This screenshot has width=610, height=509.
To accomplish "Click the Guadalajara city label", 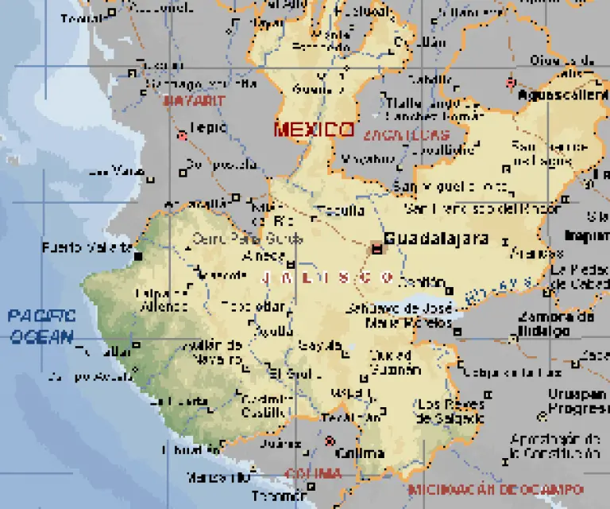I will click(x=436, y=238).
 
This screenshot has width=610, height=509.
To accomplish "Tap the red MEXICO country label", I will click(x=314, y=130).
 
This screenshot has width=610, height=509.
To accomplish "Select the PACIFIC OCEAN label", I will click(x=42, y=326).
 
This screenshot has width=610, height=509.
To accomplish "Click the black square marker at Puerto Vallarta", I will click(x=139, y=256).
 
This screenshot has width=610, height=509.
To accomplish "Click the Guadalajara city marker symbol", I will click(x=376, y=248).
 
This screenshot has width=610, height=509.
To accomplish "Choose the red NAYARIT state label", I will click(x=194, y=101).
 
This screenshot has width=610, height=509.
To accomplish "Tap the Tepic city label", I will click(x=209, y=127).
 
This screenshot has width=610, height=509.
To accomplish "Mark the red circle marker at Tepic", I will click(x=182, y=135).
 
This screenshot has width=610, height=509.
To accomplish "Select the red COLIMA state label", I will click(x=313, y=473).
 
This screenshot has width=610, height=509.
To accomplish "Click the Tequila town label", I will click(x=341, y=211).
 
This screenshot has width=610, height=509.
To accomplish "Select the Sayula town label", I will click(x=316, y=345).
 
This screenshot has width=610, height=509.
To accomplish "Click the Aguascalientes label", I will click(x=563, y=95).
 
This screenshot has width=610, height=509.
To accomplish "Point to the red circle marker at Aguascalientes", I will click(x=510, y=82).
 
